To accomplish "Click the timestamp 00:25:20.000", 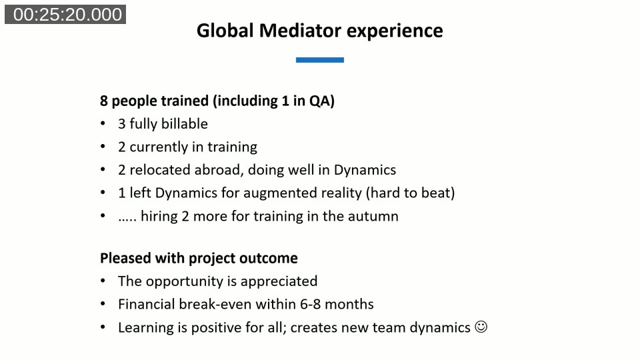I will pos(65,15).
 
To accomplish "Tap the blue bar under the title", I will pos(320,60).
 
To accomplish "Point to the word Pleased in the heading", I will pos(125,258).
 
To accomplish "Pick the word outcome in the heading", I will pos(271,258).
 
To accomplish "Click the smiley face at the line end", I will pos(481,327).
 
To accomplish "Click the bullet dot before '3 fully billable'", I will pos(103,124).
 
